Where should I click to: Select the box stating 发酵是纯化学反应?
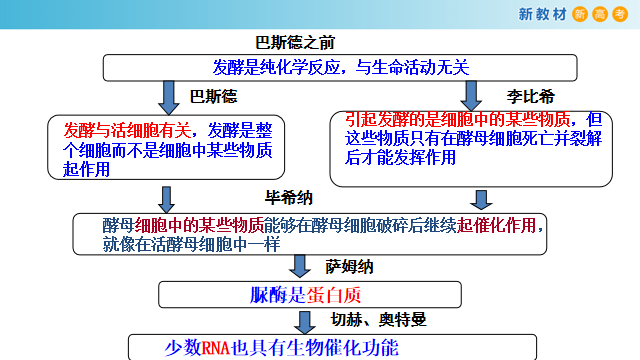tap(340, 68)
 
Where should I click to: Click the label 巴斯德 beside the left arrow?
tap(214, 97)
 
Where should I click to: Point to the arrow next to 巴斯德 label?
tap(168, 97)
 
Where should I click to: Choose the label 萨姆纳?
tap(349, 267)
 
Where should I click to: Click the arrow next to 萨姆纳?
tap(298, 267)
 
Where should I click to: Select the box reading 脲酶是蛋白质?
tap(310, 294)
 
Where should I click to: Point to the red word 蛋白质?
tap(344, 294)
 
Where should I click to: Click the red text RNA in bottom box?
tap(215, 348)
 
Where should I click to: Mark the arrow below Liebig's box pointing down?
tap(480, 198)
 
